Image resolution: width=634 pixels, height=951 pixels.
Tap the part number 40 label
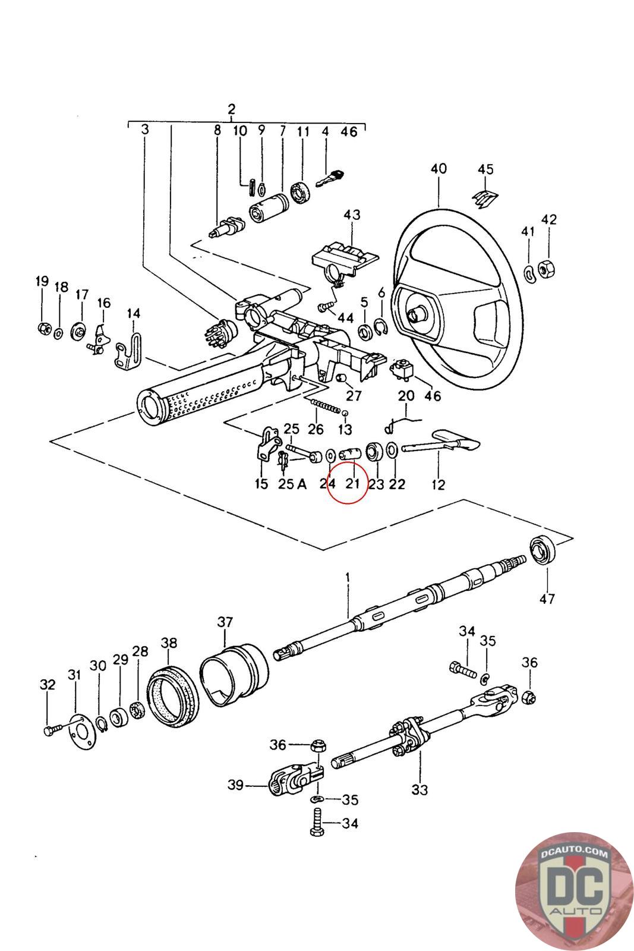(439, 169)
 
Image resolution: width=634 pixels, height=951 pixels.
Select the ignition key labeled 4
(330, 178)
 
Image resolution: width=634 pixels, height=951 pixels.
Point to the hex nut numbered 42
(547, 268)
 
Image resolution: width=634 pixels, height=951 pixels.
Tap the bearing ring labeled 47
(542, 550)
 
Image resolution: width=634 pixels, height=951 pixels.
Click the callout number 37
(225, 622)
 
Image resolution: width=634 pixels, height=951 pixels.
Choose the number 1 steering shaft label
(348, 578)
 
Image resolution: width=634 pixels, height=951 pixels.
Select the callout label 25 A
(292, 484)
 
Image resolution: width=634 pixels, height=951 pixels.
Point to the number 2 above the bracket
(231, 109)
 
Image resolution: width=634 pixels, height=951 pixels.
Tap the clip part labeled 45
(485, 199)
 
